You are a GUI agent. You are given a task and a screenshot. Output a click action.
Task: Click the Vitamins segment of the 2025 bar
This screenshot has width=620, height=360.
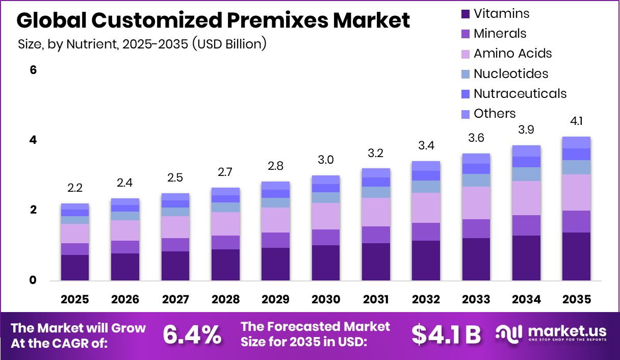click(75, 267)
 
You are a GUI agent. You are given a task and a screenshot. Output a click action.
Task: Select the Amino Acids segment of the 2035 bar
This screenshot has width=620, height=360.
click(576, 192)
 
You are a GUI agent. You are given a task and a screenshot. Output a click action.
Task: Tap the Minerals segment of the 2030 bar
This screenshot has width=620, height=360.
click(326, 237)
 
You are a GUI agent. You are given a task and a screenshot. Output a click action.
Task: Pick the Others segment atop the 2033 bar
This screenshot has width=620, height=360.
click(476, 158)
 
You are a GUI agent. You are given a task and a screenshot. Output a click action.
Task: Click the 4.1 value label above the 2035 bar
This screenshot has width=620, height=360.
click(576, 121)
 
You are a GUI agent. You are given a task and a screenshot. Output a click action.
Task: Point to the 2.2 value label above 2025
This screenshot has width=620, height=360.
click(75, 188)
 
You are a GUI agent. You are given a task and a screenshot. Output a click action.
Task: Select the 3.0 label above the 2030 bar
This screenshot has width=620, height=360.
click(326, 160)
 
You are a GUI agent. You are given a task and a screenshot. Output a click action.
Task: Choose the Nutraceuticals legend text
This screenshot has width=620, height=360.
click(520, 94)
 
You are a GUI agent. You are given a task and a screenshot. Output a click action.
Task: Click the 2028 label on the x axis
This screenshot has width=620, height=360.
click(225, 299)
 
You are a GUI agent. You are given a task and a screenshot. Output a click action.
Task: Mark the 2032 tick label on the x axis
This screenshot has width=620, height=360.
click(426, 299)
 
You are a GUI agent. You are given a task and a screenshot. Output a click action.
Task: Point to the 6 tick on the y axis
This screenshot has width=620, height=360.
click(33, 70)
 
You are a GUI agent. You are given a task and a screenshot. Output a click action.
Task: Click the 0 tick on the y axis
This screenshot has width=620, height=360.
click(33, 280)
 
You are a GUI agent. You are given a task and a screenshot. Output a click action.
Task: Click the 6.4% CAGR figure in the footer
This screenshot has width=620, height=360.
click(192, 335)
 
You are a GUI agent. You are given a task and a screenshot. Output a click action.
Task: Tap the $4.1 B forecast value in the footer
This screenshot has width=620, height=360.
click(446, 335)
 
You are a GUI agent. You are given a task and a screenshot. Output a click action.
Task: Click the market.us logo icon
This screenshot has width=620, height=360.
click(508, 334)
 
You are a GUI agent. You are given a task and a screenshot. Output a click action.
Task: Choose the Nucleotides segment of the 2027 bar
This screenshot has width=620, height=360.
click(175, 212)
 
